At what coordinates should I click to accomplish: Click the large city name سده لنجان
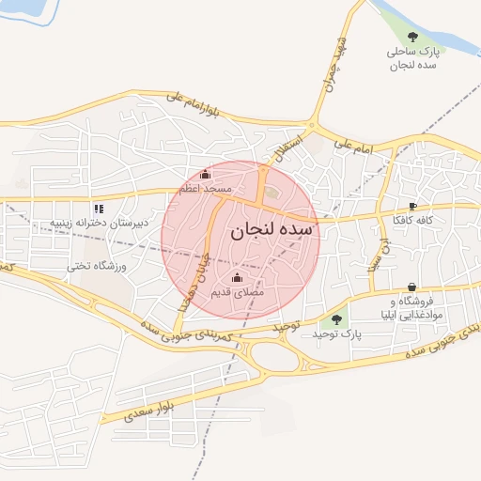[x=273, y=227]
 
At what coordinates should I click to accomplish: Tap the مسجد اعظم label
[x=208, y=190]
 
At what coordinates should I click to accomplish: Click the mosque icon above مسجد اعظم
[x=207, y=175]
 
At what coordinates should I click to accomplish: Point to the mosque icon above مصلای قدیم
[x=236, y=279]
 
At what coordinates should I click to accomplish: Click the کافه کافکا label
[x=413, y=222]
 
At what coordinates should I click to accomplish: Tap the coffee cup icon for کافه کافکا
[x=413, y=206]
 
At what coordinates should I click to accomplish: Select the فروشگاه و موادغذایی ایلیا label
[x=412, y=307]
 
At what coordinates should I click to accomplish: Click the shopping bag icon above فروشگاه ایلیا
[x=412, y=287]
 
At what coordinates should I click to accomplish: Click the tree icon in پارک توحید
[x=336, y=319]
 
